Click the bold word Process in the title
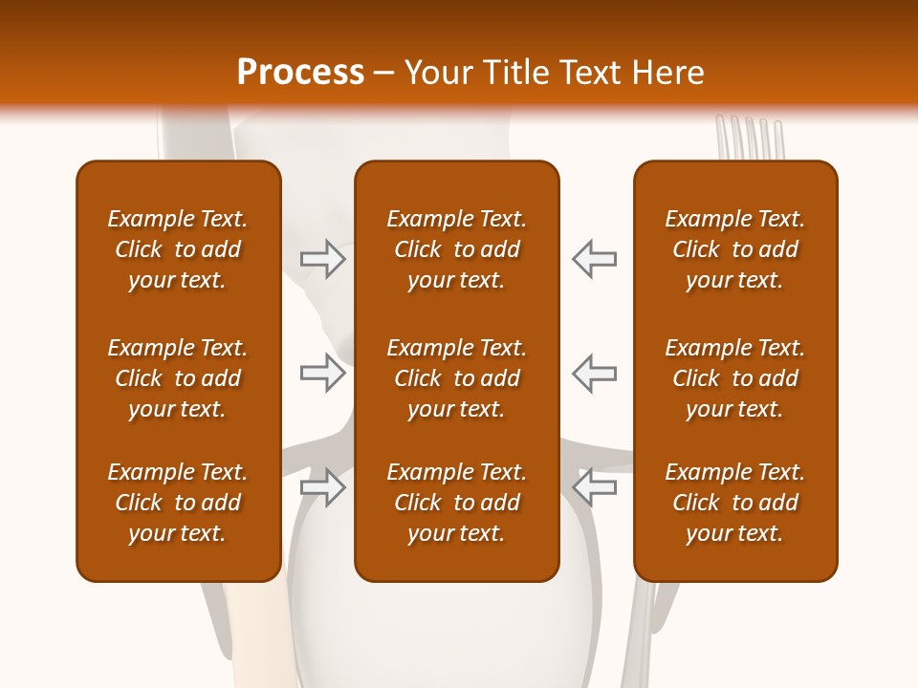coord(300,73)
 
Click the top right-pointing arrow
coord(322,258)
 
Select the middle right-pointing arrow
coord(322,373)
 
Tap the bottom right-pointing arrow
coord(322,487)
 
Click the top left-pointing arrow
coord(595,258)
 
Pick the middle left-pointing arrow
coord(595,373)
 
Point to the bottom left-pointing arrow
coord(595,487)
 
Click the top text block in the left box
coord(178,249)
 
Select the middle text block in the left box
coord(178,378)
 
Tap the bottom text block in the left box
coord(178,503)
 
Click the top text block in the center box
coord(456,249)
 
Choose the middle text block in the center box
coord(456,378)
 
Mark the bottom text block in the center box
coord(456,503)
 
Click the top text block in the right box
coord(735,249)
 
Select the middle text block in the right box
coord(735,378)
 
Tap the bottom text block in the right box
coord(735,503)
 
